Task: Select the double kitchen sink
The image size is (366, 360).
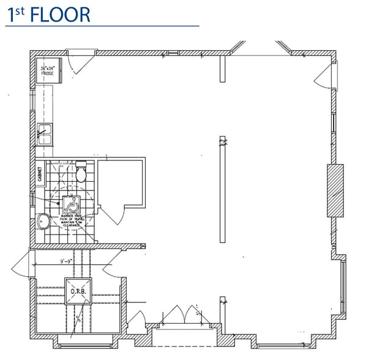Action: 45,134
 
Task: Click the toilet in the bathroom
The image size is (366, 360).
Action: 81,173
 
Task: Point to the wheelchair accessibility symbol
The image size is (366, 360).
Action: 71,203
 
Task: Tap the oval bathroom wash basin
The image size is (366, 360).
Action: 42,220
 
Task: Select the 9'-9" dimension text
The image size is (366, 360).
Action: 70,261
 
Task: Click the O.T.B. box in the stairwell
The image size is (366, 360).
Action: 78,290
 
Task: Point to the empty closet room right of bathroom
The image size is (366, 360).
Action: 121,182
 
